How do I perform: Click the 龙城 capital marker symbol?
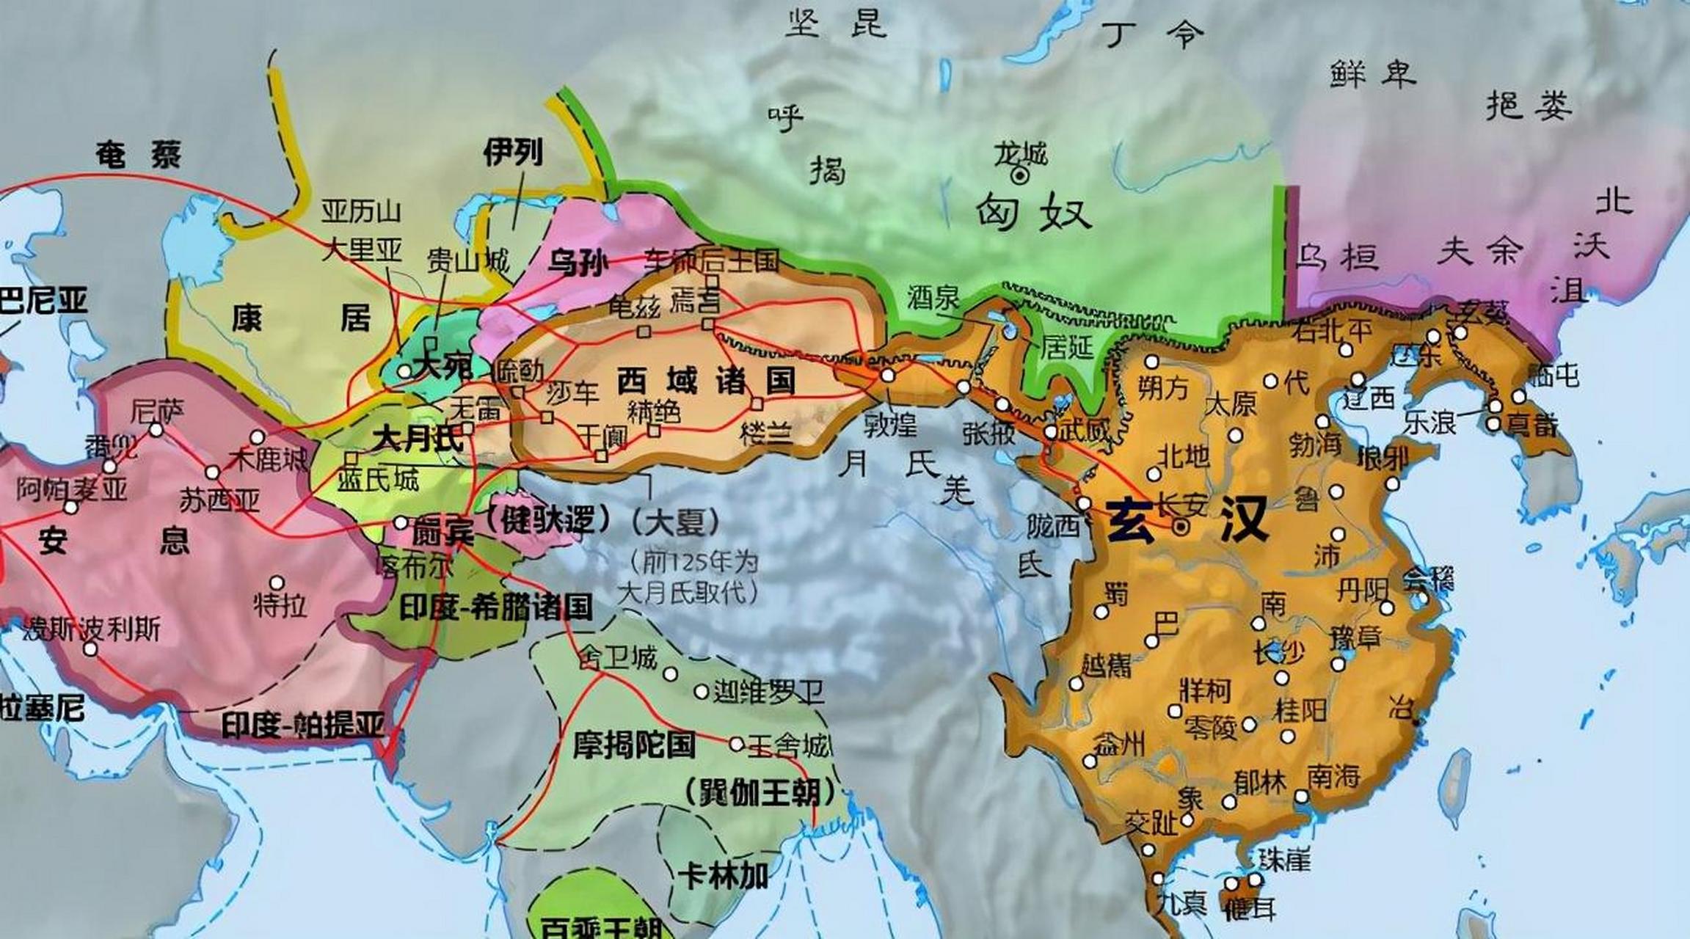coord(1020,175)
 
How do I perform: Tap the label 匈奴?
coord(1033,213)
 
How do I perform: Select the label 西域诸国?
coord(706,381)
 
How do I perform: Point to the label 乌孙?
coord(578,263)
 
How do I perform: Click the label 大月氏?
coord(417,439)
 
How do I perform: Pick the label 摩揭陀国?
coord(634,745)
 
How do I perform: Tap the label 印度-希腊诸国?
coord(496,607)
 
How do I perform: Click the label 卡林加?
coord(723,876)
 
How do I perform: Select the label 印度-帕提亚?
coord(303,726)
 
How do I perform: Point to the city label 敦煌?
coord(889,424)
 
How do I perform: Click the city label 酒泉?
coord(933,297)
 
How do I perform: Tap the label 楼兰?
coord(767,433)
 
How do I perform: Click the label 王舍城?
coord(789,746)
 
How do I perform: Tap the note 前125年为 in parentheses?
coord(693,563)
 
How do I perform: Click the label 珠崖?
coord(1283,858)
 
